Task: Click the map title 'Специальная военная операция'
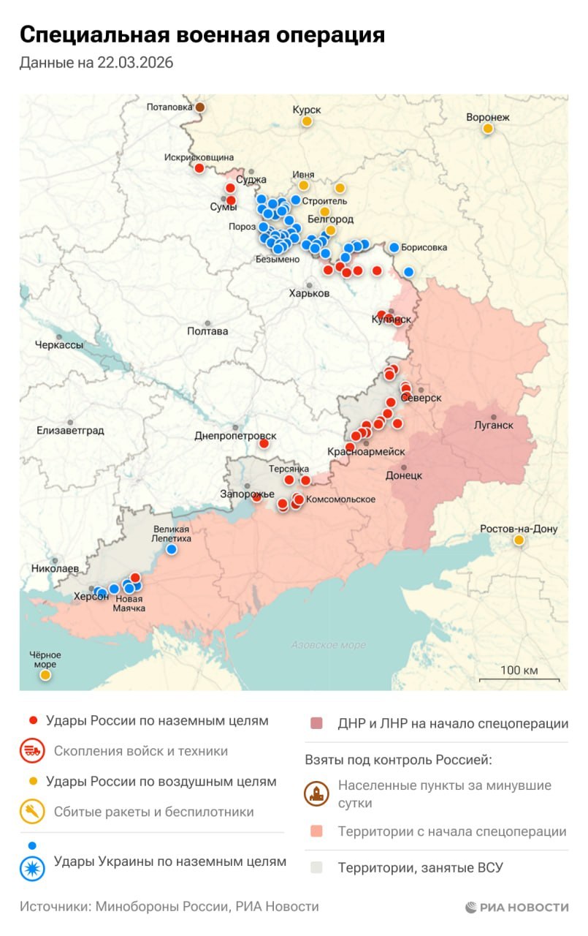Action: coord(202,34)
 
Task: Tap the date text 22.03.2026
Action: coord(135,63)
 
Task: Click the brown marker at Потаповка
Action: coord(199,107)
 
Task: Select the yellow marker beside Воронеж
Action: coord(487,129)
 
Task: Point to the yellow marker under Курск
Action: coord(308,121)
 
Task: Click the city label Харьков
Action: coord(309,293)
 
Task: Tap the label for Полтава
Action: coord(207,331)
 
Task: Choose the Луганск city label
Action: coord(493,425)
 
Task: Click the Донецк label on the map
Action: coord(404,475)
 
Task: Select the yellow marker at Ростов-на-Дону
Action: coord(519,540)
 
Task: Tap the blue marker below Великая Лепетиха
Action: coord(171,549)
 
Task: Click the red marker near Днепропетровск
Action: coord(264,443)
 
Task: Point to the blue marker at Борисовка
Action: coord(394,247)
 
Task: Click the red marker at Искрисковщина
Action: coord(199,168)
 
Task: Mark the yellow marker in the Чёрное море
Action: coord(45,675)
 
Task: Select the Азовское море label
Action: coord(328,645)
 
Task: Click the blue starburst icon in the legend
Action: coord(32,867)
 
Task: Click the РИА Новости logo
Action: coord(516,907)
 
